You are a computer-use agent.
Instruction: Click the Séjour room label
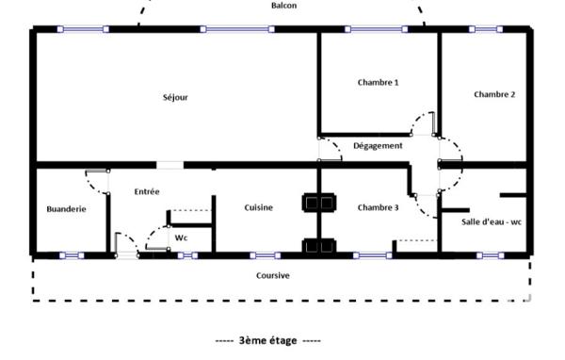pyautogui.click(x=175, y=97)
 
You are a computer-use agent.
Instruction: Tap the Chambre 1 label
pyautogui.click(x=378, y=82)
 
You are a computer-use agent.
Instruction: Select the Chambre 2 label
pyautogui.click(x=494, y=94)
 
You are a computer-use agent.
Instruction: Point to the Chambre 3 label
pyautogui.click(x=378, y=207)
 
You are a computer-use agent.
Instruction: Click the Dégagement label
pyautogui.click(x=378, y=146)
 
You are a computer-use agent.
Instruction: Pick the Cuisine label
pyautogui.click(x=258, y=207)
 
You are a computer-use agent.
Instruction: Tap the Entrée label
pyautogui.click(x=147, y=191)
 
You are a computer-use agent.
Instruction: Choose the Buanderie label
pyautogui.click(x=66, y=209)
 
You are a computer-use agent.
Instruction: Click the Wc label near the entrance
pyautogui.click(x=181, y=238)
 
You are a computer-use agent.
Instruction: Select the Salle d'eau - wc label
pyautogui.click(x=492, y=221)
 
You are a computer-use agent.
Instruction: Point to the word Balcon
pyautogui.click(x=284, y=6)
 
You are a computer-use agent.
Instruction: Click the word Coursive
pyautogui.click(x=273, y=275)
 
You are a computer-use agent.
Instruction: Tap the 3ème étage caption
pyautogui.click(x=267, y=340)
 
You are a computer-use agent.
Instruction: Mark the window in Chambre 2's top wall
pyautogui.click(x=486, y=29)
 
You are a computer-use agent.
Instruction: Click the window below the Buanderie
pyautogui.click(x=72, y=255)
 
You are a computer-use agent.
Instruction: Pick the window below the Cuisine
pyautogui.click(x=266, y=255)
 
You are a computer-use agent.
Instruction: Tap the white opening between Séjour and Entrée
pyautogui.click(x=170, y=165)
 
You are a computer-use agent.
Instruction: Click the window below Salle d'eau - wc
pyautogui.click(x=491, y=255)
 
